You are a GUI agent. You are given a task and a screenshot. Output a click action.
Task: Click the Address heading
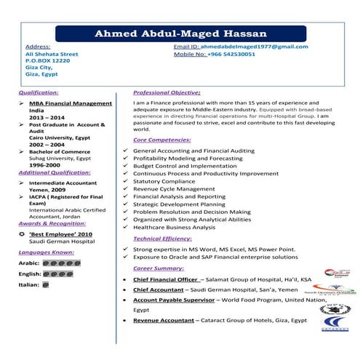[x=38, y=47]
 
